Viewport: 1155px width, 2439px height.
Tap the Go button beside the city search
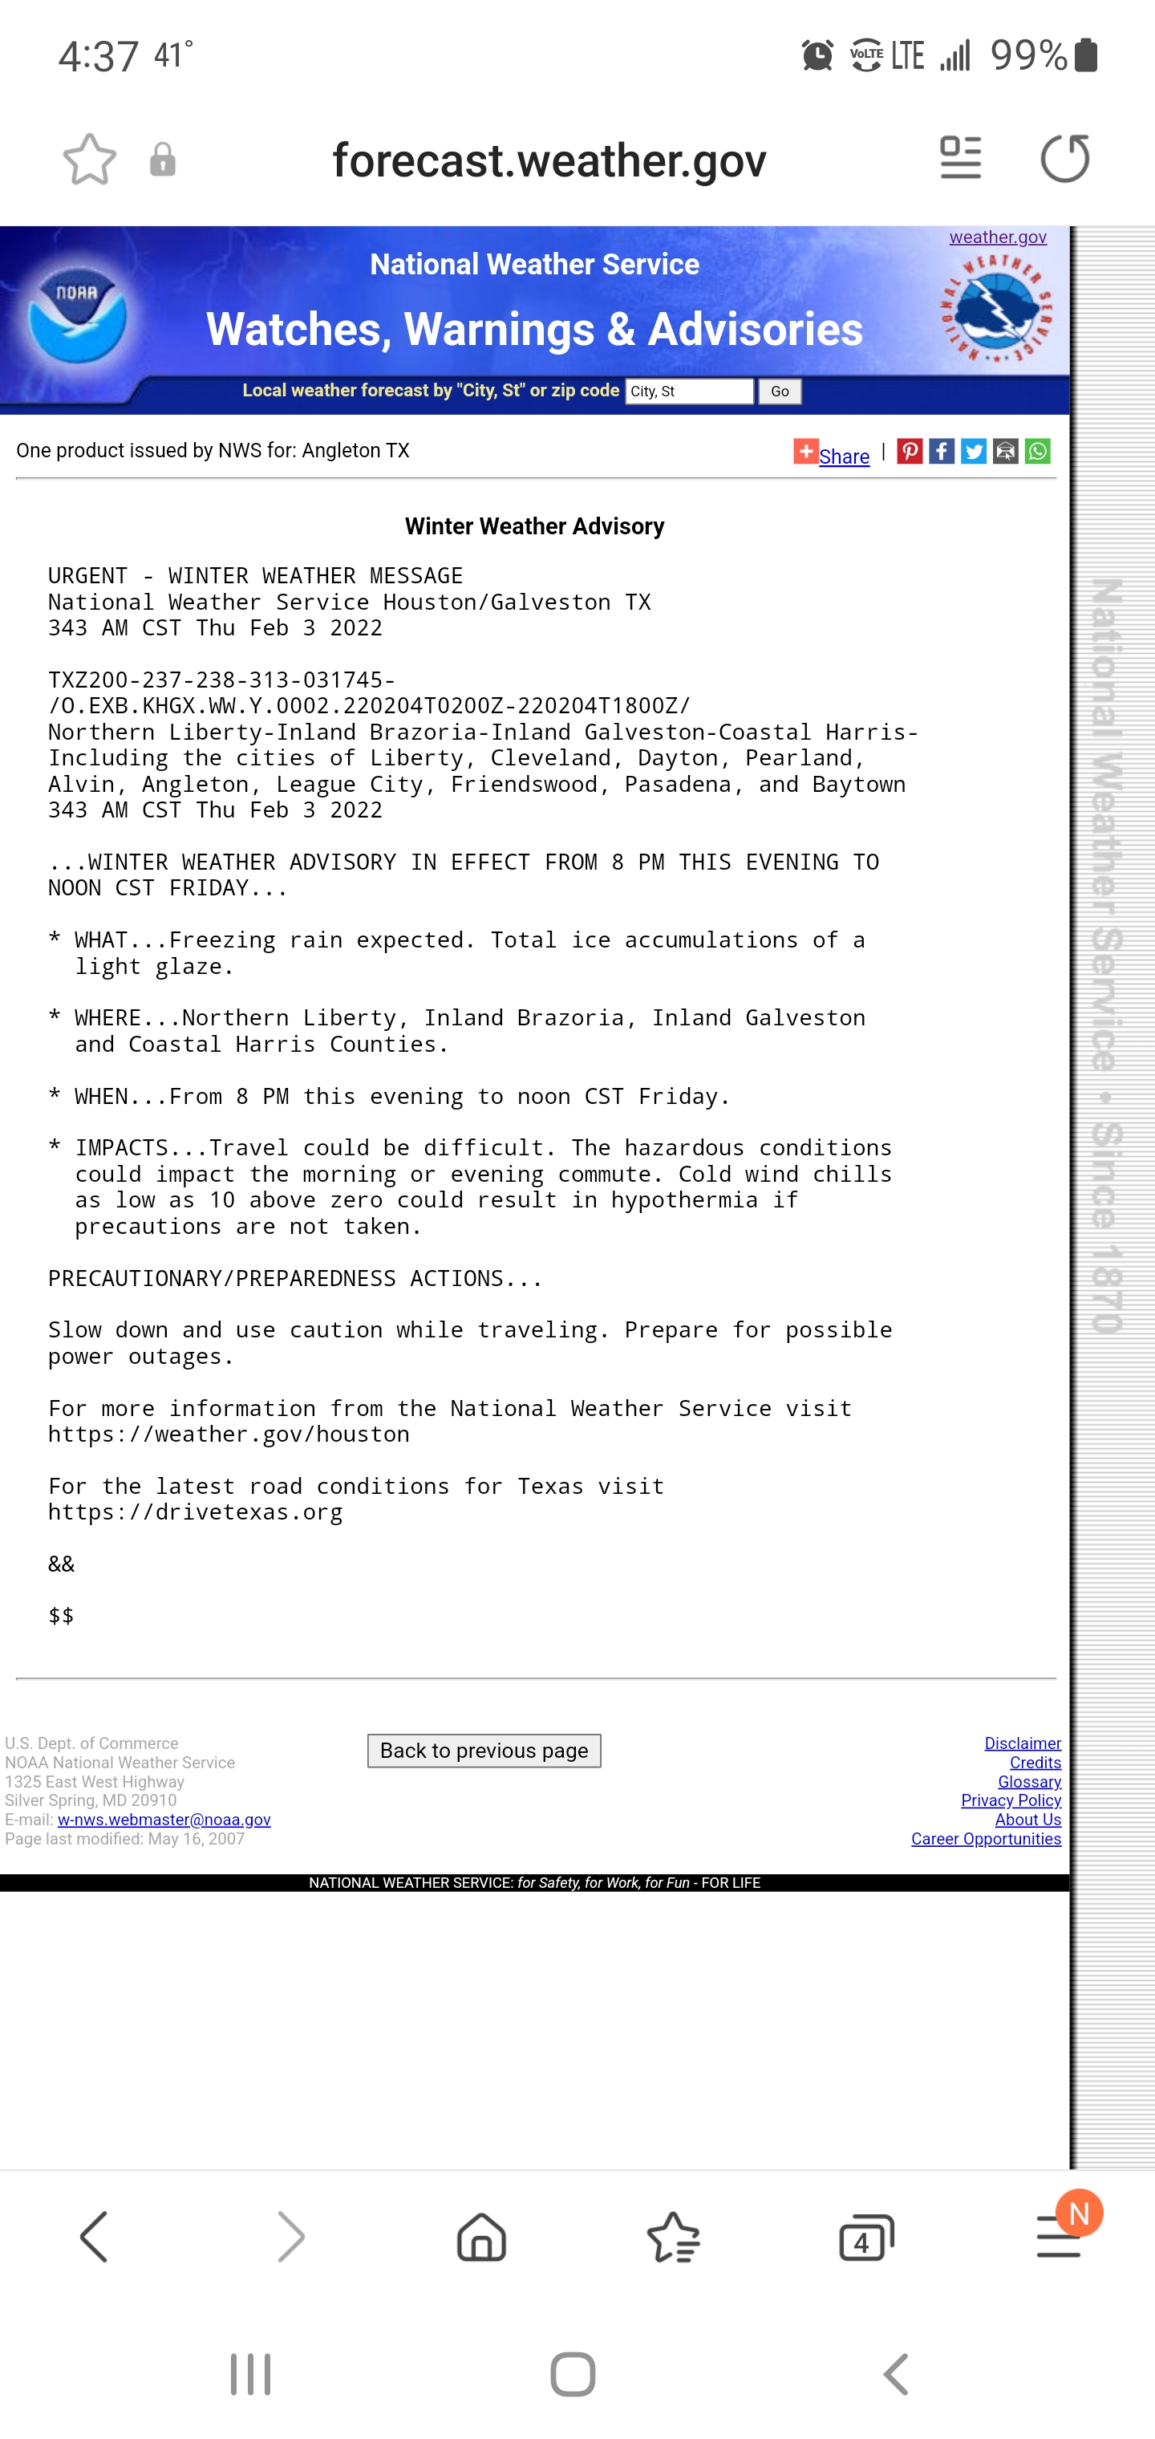(779, 391)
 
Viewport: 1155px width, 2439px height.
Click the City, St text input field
(689, 391)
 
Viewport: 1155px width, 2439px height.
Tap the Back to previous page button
(484, 1751)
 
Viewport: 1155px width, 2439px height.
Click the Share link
(844, 457)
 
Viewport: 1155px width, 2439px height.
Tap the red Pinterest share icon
(910, 452)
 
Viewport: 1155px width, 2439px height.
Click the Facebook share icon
(941, 452)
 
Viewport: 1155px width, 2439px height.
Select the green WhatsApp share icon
(1038, 452)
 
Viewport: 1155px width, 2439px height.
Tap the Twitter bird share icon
(973, 452)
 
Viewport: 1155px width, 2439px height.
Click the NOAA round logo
(77, 315)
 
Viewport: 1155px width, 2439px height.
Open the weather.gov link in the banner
(998, 237)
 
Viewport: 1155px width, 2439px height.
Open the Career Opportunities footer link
(986, 1839)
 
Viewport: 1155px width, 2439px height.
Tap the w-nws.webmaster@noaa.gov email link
(164, 1819)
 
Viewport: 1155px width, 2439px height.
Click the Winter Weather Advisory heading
(535, 526)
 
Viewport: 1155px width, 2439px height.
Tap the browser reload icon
(1064, 158)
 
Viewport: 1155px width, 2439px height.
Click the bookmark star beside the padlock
(90, 159)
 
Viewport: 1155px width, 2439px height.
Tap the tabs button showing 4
(865, 2238)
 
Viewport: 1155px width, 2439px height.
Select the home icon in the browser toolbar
(481, 2238)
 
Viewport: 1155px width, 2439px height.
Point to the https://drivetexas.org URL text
(195, 1512)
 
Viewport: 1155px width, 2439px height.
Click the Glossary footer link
(1029, 1781)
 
